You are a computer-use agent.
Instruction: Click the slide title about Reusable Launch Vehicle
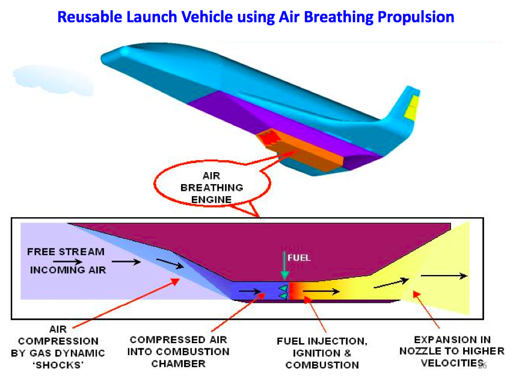256,17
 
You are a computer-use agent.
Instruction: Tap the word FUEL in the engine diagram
299,258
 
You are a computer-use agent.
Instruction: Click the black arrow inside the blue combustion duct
251,293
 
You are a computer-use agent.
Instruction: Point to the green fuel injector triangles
283,292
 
